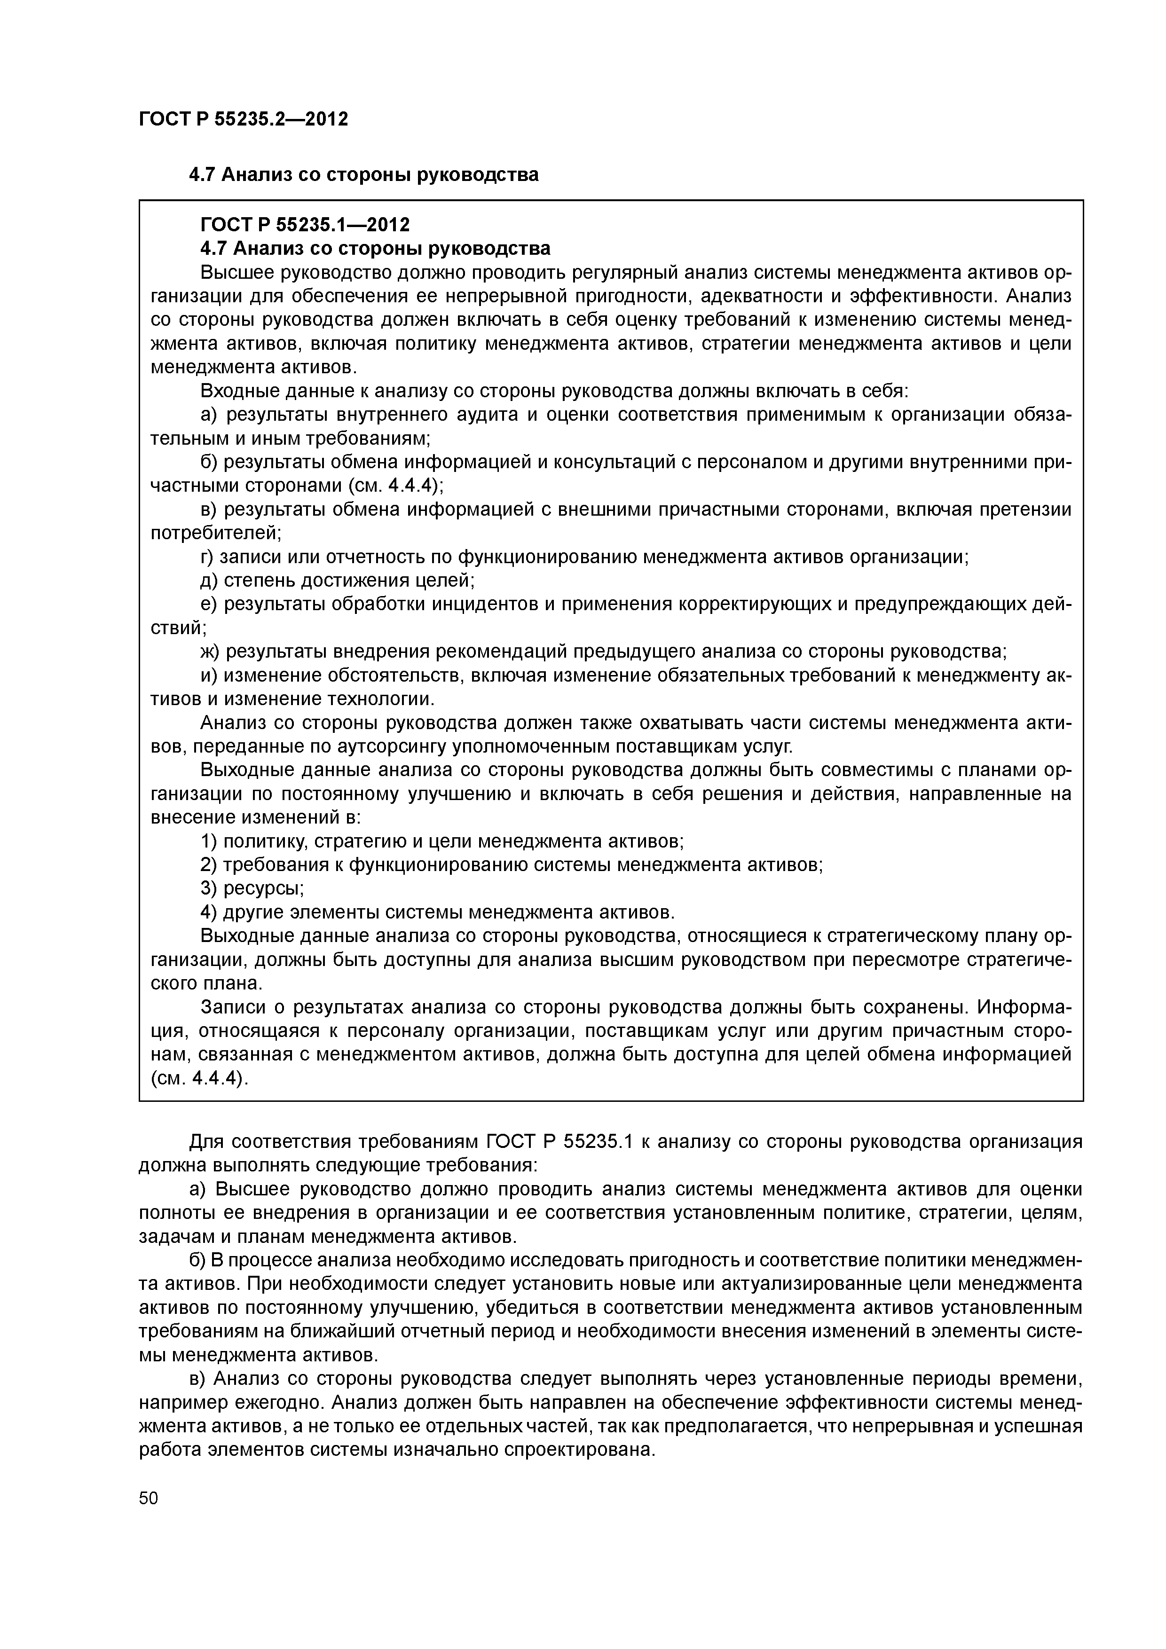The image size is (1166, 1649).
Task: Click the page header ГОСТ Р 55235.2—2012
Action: point(243,119)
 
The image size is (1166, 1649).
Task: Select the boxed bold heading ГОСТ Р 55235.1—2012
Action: point(305,225)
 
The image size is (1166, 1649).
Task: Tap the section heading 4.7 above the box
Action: point(363,174)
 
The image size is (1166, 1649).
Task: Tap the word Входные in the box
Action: point(236,392)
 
